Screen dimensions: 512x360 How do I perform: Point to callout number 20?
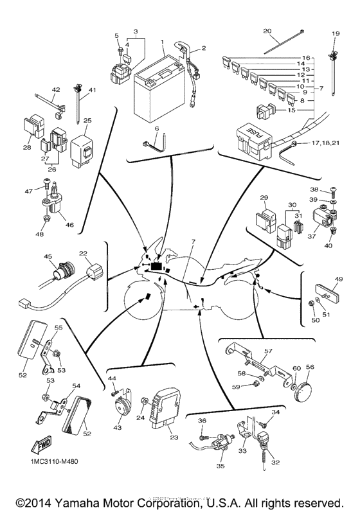point(267,31)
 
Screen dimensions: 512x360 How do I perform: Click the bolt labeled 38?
point(336,191)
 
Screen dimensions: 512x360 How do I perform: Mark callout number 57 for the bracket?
point(268,351)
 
